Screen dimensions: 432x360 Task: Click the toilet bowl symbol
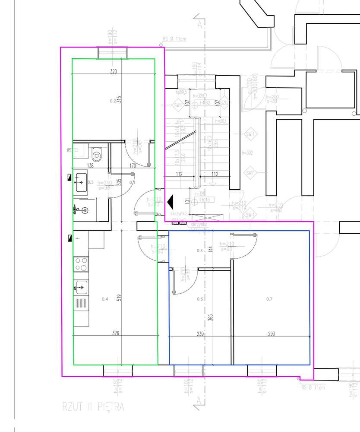[x=96, y=155]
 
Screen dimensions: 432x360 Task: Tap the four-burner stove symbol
[x=81, y=264]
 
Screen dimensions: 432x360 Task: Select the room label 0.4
[x=105, y=299]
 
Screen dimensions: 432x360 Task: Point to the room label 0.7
[x=269, y=299]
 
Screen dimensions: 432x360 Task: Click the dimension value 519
[x=119, y=298]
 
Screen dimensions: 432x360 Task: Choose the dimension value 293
[x=271, y=334]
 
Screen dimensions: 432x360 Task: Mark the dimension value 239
[x=200, y=334]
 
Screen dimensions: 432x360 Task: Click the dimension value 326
[x=115, y=333]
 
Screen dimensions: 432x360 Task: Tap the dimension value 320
[x=114, y=72]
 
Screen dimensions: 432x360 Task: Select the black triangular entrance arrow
[x=170, y=201]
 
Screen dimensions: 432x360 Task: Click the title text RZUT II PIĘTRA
[x=93, y=407]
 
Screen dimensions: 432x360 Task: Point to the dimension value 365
[x=211, y=318]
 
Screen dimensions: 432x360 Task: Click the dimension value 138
[x=91, y=165]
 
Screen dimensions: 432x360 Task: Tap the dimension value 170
[x=133, y=165]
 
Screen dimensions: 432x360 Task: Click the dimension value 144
[x=211, y=249]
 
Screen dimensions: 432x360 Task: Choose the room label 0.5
[x=200, y=299]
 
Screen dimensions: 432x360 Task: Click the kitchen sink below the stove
[x=81, y=286]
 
